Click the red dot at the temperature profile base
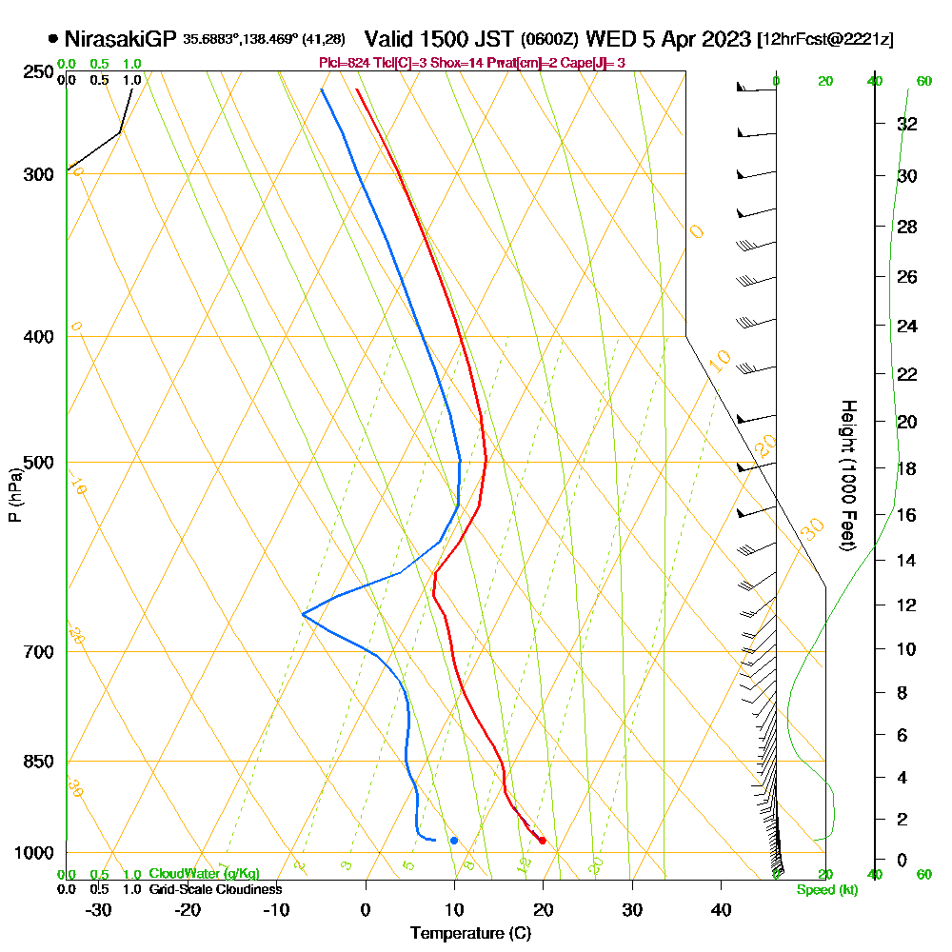pos(542,840)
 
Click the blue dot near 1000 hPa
pos(454,840)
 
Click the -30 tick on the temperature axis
pos(99,910)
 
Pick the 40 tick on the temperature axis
pos(721,910)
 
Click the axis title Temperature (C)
pos(470,933)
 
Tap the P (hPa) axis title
pos(14,494)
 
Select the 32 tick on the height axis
pos(906,123)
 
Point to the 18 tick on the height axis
pos(906,468)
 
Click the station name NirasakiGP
pos(121,39)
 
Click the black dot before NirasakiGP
pos(52,40)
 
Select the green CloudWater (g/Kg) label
pos(204,873)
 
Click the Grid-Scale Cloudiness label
pos(214,888)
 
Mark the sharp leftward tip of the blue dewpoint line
pos(303,614)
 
